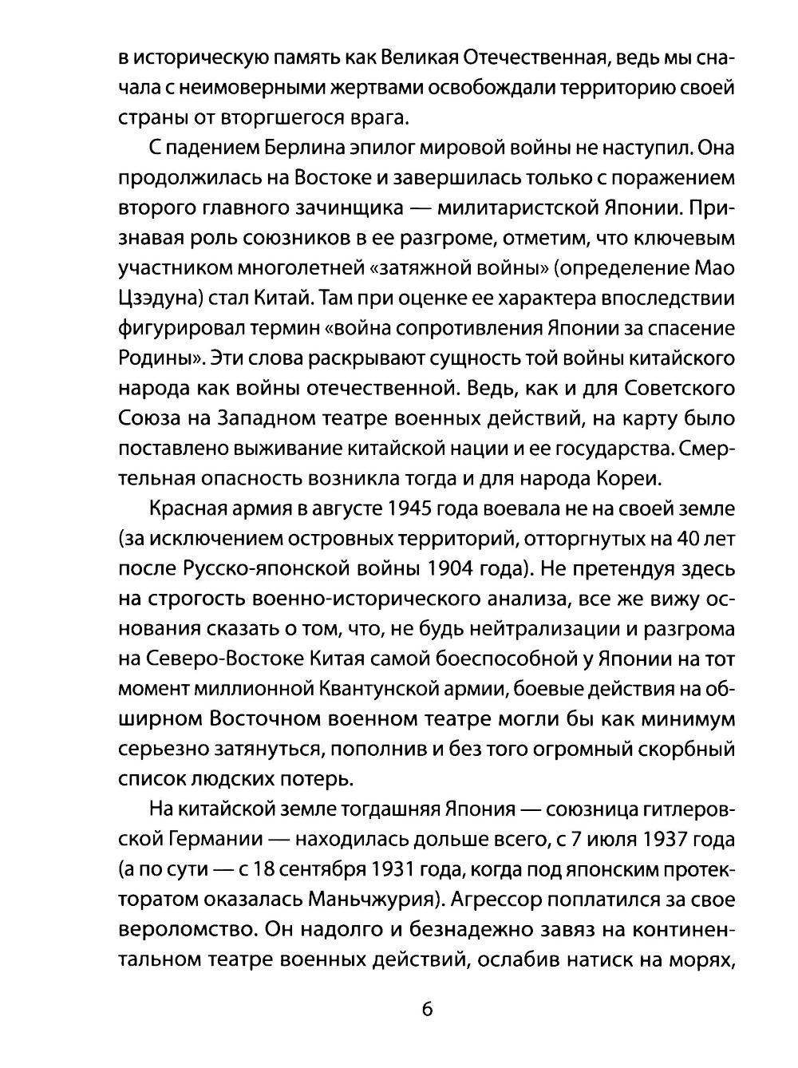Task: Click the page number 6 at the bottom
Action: click(x=426, y=1008)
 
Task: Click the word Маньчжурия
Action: click(x=373, y=900)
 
